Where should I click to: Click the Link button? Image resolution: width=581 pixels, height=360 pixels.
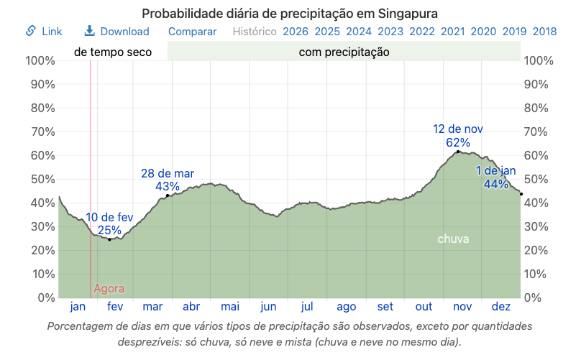pos(44,31)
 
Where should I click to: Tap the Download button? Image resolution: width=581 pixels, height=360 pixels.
pos(116,31)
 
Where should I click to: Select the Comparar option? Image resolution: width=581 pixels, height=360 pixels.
pos(192,31)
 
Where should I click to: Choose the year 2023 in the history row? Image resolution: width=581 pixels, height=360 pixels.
pos(390,31)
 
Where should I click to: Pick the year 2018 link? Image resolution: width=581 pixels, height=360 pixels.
pos(545,31)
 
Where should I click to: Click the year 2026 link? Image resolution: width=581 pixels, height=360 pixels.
pos(296,31)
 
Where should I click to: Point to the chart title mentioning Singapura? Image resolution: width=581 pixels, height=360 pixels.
pos(290,13)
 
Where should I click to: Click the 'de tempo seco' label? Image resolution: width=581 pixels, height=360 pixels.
pos(113,52)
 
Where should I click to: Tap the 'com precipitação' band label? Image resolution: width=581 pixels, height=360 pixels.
pos(344,52)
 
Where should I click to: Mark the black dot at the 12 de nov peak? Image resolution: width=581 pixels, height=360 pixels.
pos(458,152)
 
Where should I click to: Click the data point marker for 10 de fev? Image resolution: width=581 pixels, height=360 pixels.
pos(109,239)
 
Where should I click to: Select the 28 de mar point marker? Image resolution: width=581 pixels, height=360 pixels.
pos(168,195)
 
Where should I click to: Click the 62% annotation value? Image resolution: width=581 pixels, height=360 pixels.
pos(457,142)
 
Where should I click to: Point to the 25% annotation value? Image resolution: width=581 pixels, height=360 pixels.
pos(109,230)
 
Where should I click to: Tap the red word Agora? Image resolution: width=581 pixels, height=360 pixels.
pos(109,289)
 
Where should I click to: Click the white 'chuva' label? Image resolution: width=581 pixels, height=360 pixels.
pos(453,239)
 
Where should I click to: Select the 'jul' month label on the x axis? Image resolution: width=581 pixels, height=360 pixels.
pos(307,307)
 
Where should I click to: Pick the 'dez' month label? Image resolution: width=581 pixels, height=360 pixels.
pos(500,307)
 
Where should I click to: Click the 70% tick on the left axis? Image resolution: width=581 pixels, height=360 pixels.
pos(40,131)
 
